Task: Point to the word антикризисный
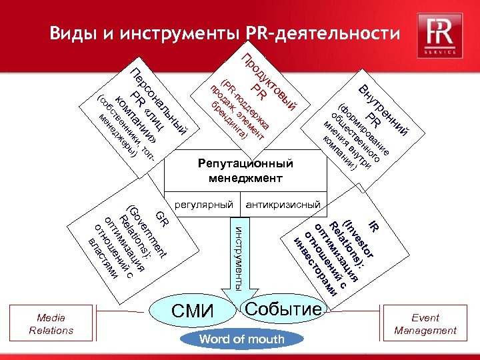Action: click(283, 203)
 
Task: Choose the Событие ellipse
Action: click(284, 309)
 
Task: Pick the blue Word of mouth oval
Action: click(241, 339)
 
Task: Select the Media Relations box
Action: click(51, 324)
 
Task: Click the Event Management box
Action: click(425, 324)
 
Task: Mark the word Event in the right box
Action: click(425, 318)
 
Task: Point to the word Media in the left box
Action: click(51, 318)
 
